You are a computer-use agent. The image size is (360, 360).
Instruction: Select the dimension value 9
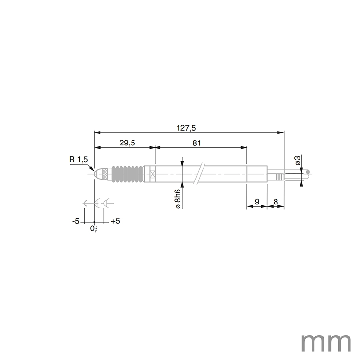(x=257, y=202)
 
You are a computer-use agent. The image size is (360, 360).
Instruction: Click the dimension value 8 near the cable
(x=276, y=202)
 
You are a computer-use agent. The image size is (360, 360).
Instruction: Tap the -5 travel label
(x=75, y=222)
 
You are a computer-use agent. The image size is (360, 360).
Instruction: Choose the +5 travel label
(x=115, y=222)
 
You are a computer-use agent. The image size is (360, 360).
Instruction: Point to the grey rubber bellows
(x=127, y=173)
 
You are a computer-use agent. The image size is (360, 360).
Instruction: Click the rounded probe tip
(x=97, y=173)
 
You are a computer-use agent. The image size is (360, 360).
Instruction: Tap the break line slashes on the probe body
(x=199, y=174)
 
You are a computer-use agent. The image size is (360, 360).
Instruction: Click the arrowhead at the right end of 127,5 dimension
(x=281, y=132)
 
